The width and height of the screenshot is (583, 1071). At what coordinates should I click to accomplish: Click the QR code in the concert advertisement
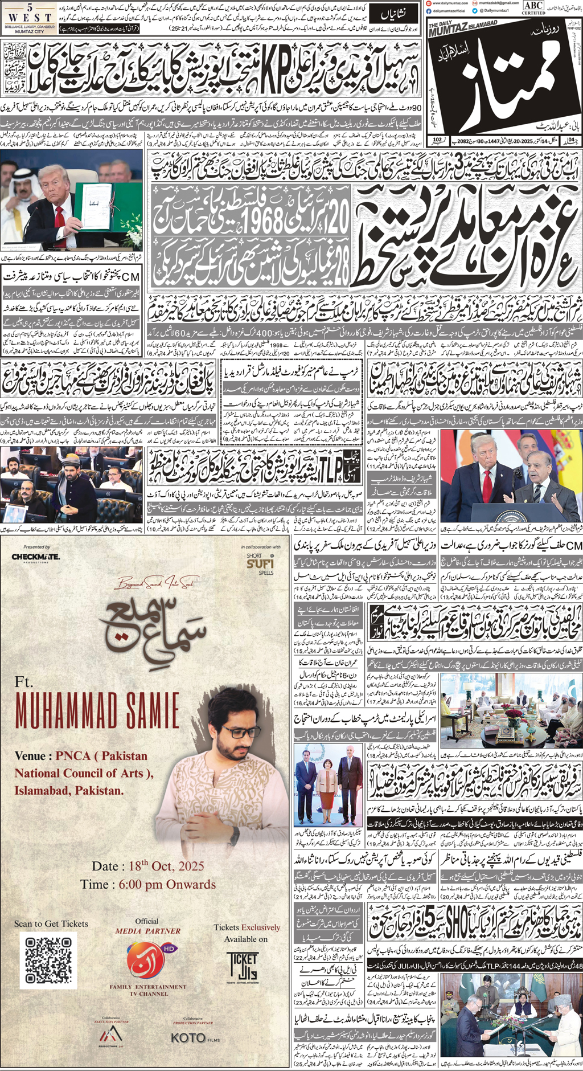(48, 960)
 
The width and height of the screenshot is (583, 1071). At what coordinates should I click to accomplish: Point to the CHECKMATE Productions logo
(35, 556)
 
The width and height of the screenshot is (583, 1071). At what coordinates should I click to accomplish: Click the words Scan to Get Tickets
(51, 923)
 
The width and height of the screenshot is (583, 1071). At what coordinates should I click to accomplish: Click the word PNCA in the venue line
(73, 756)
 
